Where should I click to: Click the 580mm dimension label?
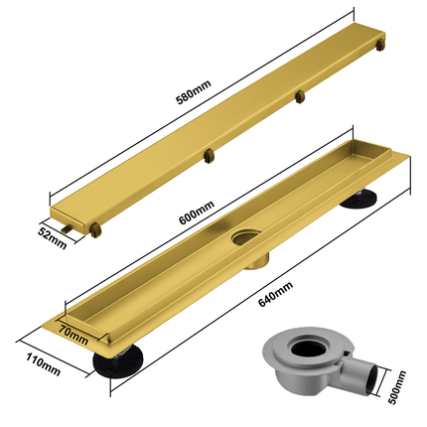click(x=194, y=92)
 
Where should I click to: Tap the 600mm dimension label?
click(x=196, y=213)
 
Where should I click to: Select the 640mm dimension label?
click(x=275, y=294)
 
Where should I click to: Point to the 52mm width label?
click(x=53, y=238)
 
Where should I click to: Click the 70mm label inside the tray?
click(x=73, y=335)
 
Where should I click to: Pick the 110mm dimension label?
click(x=43, y=364)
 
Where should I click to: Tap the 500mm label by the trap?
click(x=396, y=387)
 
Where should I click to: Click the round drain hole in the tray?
click(x=246, y=237)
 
